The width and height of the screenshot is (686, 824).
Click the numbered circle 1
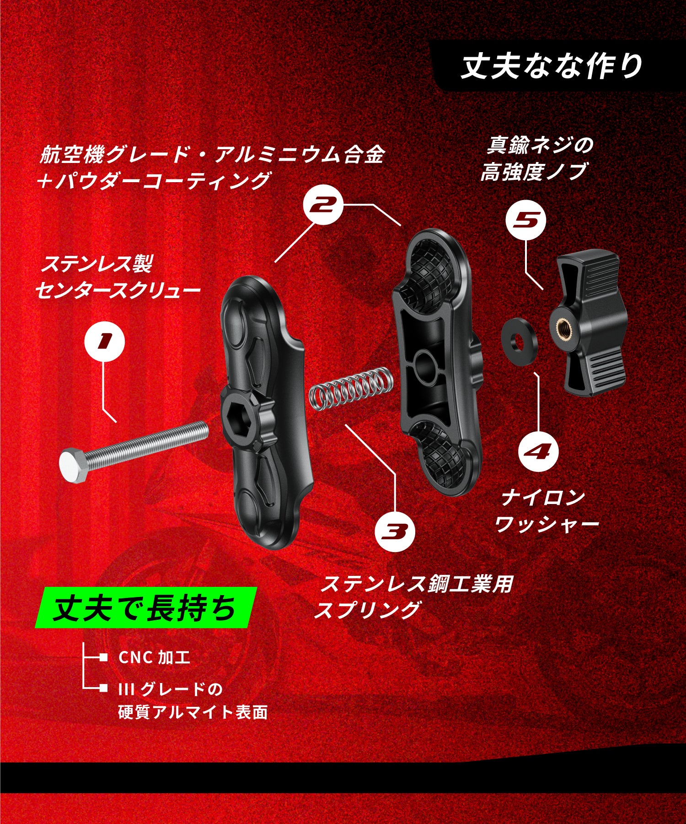tap(105, 340)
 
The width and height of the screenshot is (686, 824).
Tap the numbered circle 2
tap(323, 205)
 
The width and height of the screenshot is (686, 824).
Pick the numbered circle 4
tap(538, 451)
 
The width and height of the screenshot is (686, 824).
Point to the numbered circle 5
tap(525, 220)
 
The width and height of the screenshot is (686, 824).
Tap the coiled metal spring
tap(350, 388)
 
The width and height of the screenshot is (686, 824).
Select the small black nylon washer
tap(520, 341)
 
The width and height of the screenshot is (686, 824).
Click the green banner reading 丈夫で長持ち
tap(145, 608)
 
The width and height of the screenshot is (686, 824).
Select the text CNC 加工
tap(154, 658)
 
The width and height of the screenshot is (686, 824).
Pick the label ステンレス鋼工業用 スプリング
tap(414, 597)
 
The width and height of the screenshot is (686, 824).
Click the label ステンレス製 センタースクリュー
tap(118, 277)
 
